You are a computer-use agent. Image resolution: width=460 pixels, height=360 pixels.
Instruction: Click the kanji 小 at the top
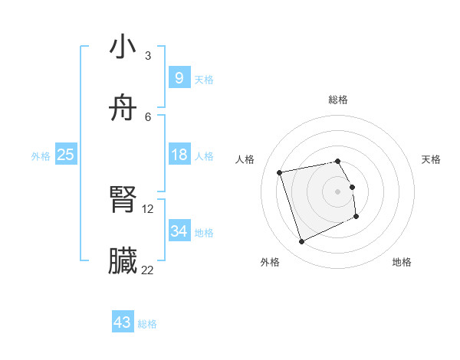[123, 47]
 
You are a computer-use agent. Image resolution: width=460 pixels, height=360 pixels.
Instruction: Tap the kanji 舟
[123, 108]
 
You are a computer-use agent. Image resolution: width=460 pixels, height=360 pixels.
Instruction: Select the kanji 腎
[123, 201]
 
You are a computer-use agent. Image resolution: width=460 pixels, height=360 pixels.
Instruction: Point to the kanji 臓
[123, 261]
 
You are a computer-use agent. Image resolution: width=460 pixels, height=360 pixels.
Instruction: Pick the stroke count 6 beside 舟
[147, 116]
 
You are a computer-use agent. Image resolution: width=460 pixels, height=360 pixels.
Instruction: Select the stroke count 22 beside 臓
[147, 270]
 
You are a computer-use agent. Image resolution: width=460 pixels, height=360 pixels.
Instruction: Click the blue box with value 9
[179, 77]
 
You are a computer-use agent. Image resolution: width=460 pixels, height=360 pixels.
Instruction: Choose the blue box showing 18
[179, 155]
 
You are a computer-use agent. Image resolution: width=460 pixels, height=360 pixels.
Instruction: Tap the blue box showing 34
[179, 231]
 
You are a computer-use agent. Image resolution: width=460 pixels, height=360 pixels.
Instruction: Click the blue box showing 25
[66, 155]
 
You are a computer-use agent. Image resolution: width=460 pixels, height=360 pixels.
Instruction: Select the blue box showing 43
[123, 322]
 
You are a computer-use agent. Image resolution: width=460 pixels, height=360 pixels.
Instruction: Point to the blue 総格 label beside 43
[148, 324]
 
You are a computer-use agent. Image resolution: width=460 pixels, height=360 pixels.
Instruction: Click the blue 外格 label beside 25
[41, 156]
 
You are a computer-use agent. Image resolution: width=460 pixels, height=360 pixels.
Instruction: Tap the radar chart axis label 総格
[338, 100]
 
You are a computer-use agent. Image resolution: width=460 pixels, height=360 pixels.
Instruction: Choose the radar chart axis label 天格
[431, 159]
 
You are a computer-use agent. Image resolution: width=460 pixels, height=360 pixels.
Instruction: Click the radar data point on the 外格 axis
[301, 242]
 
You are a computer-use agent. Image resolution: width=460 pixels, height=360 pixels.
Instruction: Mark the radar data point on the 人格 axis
[280, 172]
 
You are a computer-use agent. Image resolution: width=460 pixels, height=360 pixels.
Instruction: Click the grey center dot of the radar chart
[338, 191]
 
